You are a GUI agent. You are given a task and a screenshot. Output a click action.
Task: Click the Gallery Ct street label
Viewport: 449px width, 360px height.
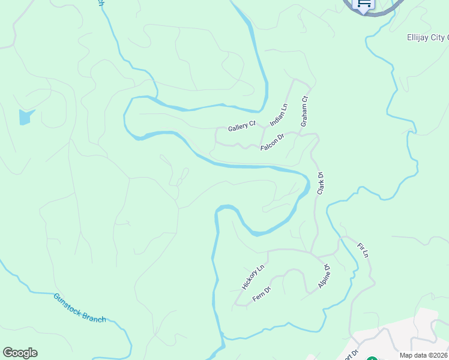[x=242, y=127]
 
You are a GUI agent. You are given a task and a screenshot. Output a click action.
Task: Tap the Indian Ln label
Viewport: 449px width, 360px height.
[x=279, y=115]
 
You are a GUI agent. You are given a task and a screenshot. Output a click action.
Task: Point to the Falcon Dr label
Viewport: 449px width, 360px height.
[x=272, y=142]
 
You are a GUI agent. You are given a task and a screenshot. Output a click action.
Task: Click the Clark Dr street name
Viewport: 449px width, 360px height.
[x=321, y=183]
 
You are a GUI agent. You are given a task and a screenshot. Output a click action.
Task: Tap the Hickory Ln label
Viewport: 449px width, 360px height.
[x=253, y=277]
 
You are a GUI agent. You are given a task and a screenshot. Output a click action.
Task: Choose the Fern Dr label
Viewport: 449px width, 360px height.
[x=262, y=293]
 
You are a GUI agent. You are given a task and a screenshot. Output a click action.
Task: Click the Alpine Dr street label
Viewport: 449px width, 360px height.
[x=324, y=277]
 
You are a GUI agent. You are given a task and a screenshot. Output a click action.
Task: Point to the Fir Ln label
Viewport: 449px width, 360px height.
[x=363, y=251]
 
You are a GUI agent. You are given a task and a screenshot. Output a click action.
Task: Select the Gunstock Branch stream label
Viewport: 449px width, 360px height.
[x=79, y=308]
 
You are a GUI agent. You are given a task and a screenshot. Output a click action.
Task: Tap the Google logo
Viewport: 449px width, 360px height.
[x=20, y=353]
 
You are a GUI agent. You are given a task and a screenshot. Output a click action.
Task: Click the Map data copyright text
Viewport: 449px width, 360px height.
[x=424, y=355]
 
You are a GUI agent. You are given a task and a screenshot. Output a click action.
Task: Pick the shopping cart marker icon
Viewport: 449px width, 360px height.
[x=364, y=4]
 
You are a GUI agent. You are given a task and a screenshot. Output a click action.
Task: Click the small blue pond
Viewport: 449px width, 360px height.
[x=25, y=116]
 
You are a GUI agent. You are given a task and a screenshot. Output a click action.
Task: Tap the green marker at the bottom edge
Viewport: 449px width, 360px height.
[x=372, y=358]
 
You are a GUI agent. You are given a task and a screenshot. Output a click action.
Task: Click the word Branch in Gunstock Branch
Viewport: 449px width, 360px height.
[x=94, y=315]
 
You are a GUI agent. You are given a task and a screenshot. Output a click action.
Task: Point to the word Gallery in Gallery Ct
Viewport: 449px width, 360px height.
[x=238, y=128]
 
